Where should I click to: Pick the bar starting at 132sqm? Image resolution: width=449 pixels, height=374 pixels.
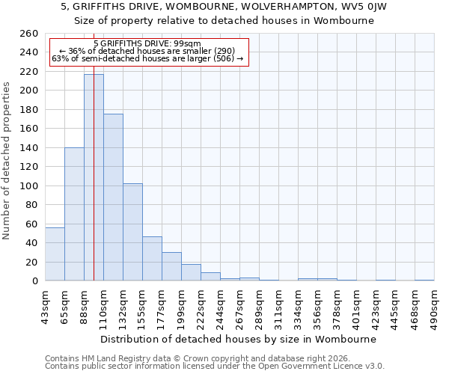point(132,232)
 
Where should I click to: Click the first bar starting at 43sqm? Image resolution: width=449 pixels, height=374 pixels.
point(55,254)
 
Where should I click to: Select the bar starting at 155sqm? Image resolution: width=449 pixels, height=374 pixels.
point(152,259)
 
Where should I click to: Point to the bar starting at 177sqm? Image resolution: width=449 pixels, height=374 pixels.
point(171,266)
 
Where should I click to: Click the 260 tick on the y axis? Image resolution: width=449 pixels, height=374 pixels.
point(29,34)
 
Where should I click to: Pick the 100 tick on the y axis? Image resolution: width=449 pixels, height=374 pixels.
point(29,186)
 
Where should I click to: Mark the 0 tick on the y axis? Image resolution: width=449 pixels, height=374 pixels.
point(34,281)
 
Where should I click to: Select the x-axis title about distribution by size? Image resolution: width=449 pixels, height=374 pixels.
point(239,339)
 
